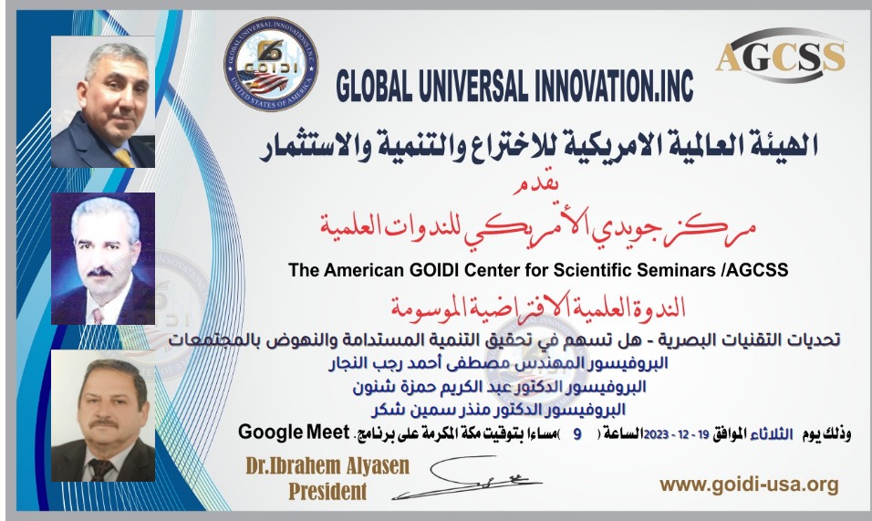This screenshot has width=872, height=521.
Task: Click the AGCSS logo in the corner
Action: [780, 56]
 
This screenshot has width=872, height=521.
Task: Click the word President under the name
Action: [327, 492]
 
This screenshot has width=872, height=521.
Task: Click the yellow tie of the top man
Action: [123, 156]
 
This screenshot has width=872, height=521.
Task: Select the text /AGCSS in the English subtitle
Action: [765, 270]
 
